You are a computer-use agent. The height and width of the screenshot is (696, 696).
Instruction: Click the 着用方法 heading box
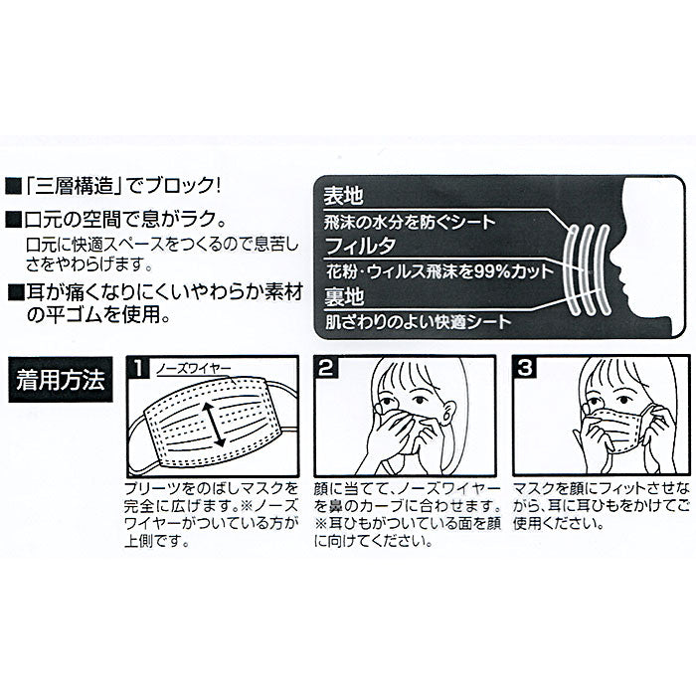coord(61,380)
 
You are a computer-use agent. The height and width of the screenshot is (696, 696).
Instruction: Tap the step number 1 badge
coord(139,368)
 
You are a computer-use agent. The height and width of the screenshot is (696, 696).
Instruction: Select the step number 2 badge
coord(326,368)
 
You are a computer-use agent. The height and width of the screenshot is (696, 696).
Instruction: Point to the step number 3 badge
coord(525,368)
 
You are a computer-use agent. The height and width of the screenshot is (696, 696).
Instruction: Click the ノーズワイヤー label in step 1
coord(194,369)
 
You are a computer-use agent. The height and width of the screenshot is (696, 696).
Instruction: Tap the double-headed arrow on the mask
coord(214,425)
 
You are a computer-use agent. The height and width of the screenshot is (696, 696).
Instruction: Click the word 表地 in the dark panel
coord(343,195)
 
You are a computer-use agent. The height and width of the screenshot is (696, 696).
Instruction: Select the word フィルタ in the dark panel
coord(360,246)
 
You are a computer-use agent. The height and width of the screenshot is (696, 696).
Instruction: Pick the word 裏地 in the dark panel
coord(344,296)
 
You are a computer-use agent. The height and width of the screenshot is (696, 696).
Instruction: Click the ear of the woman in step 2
coord(448,412)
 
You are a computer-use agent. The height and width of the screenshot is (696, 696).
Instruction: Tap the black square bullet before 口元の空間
coord(13,219)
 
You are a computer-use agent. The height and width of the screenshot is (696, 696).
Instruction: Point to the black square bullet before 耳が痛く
coord(17,293)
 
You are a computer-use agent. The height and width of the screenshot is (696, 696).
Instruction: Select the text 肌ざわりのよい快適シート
coord(419,321)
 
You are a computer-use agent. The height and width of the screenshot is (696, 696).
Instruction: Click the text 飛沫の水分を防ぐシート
coord(410,222)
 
